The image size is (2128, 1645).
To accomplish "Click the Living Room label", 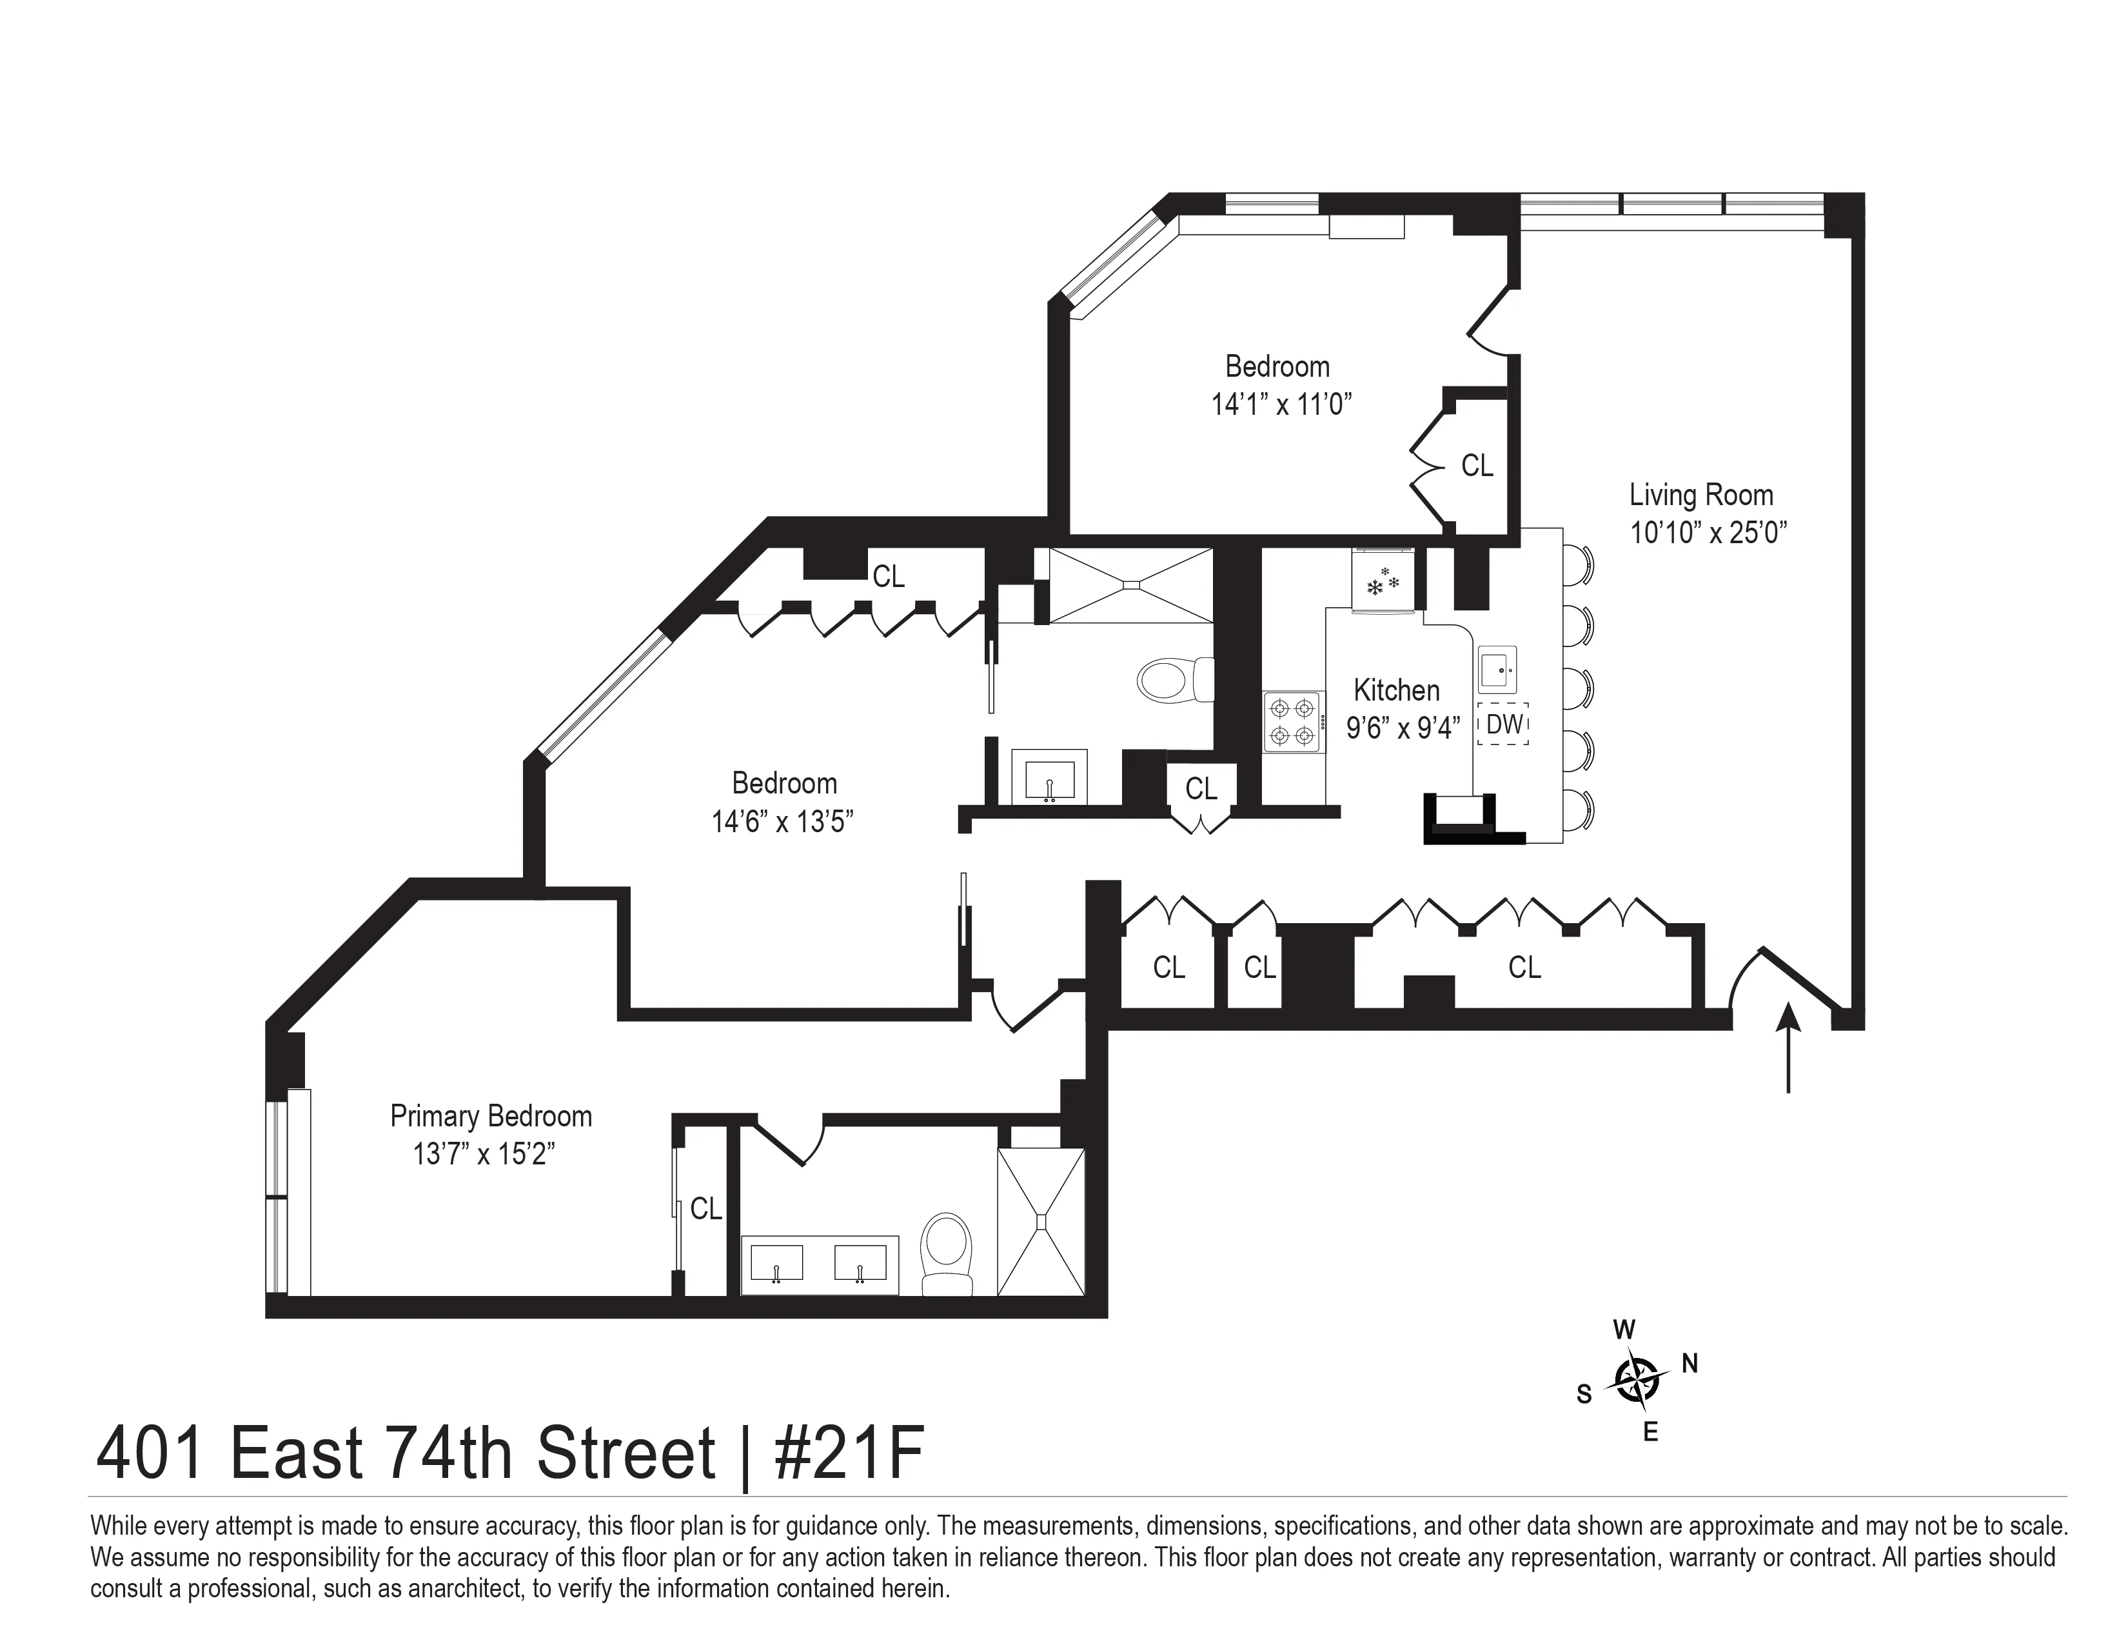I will click(x=1701, y=495).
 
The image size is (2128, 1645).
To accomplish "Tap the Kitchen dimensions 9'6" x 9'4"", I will click(x=1403, y=728).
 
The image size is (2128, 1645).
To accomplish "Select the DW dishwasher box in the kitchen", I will click(x=1502, y=724).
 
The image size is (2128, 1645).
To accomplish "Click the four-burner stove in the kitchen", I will click(x=1293, y=722).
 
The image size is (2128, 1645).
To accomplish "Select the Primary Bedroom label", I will click(x=491, y=1116).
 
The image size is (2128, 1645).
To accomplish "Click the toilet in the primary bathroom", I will click(x=946, y=1251).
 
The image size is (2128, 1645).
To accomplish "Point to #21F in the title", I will click(x=848, y=1455).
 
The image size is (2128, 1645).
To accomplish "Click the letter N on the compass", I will click(x=1690, y=1363).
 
